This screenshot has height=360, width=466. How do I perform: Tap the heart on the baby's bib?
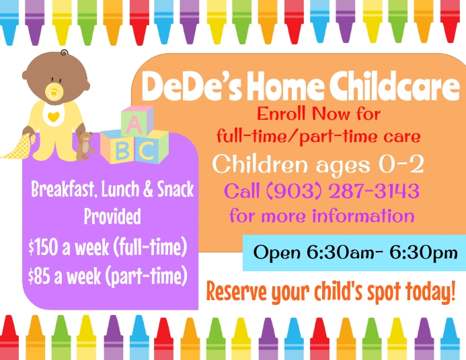(x=52, y=115)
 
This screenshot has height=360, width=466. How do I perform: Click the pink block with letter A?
(x=134, y=124)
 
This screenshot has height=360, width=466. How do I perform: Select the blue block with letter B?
(x=122, y=149)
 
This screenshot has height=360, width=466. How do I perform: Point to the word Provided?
(x=112, y=217)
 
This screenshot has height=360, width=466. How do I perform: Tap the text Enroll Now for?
(x=319, y=113)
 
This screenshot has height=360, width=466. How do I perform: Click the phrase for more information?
(x=321, y=217)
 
